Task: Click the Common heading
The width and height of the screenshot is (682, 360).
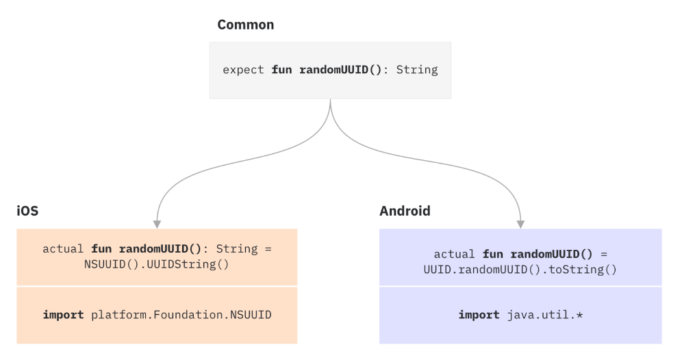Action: (x=245, y=25)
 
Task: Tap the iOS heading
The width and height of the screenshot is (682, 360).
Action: (x=27, y=211)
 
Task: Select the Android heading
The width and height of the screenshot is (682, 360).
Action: (x=405, y=211)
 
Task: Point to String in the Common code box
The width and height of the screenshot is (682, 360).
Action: (x=417, y=70)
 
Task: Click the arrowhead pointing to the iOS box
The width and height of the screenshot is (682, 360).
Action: (x=157, y=223)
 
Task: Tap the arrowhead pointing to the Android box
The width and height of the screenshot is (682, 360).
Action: (x=520, y=223)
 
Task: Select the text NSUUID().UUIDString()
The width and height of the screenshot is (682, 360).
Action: (x=157, y=263)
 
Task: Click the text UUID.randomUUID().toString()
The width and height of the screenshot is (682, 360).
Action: (x=520, y=269)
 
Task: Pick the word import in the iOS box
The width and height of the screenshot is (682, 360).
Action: (x=63, y=315)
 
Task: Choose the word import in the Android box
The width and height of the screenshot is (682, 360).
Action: (x=479, y=315)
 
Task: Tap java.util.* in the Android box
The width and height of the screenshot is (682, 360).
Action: (x=544, y=315)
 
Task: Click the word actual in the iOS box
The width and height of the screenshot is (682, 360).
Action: (x=63, y=249)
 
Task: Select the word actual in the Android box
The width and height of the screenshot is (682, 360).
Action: (x=455, y=255)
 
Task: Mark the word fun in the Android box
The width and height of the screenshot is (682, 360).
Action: (x=493, y=255)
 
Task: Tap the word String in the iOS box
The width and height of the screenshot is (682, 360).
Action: (x=236, y=249)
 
